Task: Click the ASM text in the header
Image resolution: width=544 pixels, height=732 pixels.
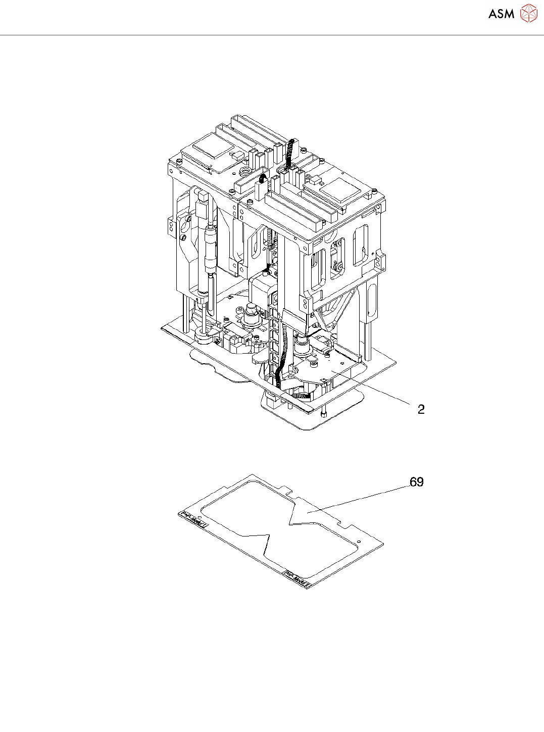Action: coord(501,14)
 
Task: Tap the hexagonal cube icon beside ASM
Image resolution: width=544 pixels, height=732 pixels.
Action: coord(528,13)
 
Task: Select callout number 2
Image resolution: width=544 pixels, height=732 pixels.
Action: coord(421,409)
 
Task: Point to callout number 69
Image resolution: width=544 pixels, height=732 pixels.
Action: coord(416,482)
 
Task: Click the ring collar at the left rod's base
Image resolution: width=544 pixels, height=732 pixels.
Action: coord(203,335)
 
